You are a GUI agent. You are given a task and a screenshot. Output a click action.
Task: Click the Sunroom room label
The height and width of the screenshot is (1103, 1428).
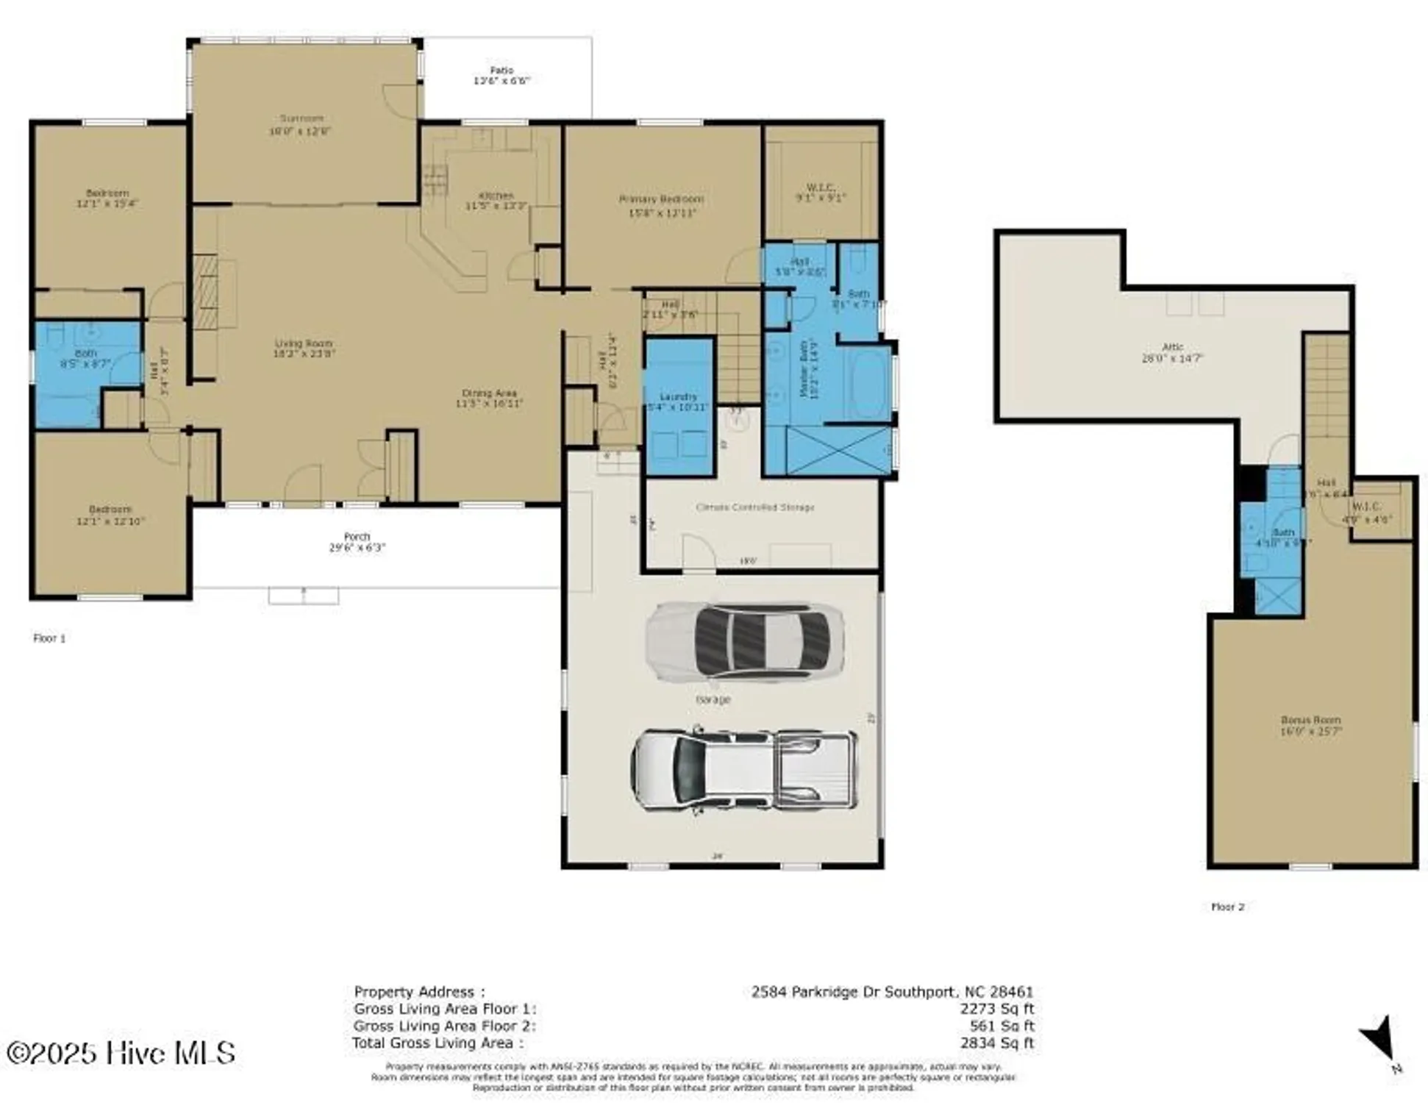[301, 118]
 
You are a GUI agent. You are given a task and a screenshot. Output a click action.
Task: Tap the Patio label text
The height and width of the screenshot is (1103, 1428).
[501, 71]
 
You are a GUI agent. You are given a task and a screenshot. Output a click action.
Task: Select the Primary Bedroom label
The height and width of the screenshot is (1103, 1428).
[661, 199]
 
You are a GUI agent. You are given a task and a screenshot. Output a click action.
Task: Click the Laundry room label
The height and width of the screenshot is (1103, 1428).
[678, 396]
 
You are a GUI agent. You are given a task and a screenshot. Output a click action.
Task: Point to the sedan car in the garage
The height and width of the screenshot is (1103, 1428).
[744, 641]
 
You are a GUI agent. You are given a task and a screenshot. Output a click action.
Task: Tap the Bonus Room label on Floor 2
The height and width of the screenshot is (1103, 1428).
[1310, 720]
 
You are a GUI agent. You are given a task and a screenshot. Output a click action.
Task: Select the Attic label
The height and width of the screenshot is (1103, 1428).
[1172, 347]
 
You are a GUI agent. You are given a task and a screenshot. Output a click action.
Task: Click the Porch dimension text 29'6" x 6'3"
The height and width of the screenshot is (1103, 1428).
[357, 548]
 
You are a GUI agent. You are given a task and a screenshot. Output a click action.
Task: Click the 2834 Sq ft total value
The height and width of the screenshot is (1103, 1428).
[996, 1043]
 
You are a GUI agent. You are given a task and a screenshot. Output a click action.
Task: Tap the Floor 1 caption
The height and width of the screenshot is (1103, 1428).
[49, 638]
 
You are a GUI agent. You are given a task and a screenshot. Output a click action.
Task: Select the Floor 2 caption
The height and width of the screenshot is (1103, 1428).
[1227, 907]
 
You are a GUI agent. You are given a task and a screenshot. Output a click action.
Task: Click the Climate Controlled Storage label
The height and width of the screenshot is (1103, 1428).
[755, 507]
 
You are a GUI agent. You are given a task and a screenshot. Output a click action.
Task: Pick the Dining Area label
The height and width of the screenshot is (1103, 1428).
[489, 393]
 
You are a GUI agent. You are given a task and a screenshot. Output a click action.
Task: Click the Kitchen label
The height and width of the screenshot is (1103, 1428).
[496, 196]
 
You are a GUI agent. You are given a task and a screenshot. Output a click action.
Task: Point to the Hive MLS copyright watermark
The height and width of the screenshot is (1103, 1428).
[121, 1053]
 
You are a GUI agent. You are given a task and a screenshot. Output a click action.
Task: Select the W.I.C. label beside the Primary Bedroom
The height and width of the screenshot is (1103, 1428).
[820, 188]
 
